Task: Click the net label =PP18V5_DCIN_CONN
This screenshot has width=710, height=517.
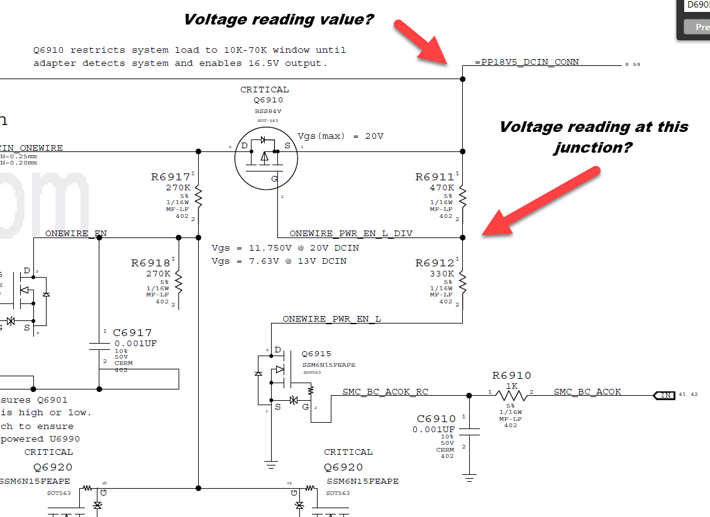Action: click(527, 62)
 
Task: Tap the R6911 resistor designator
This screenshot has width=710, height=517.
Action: click(434, 177)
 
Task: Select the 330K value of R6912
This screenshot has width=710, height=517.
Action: click(441, 274)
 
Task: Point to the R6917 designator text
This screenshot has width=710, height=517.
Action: click(170, 177)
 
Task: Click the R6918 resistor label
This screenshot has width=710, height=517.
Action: click(150, 263)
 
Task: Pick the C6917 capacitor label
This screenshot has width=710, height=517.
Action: click(132, 333)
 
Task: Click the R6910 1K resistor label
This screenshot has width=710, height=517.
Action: click(511, 376)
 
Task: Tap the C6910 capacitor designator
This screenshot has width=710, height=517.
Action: click(436, 419)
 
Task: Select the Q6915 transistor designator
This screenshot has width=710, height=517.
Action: click(316, 354)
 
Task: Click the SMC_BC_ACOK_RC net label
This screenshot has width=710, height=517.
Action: click(385, 391)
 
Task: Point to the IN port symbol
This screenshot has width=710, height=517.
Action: click(664, 395)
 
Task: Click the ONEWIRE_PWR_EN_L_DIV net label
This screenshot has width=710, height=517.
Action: click(351, 233)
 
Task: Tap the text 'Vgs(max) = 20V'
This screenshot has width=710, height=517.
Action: click(340, 136)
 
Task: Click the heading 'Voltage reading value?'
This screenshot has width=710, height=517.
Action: click(279, 19)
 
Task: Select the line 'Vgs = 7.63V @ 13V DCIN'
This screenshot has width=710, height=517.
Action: click(279, 261)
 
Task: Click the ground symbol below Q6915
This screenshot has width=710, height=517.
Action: click(271, 465)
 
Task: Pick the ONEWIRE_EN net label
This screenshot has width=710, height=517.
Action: click(75, 233)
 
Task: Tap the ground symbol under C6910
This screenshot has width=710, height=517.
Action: click(469, 478)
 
